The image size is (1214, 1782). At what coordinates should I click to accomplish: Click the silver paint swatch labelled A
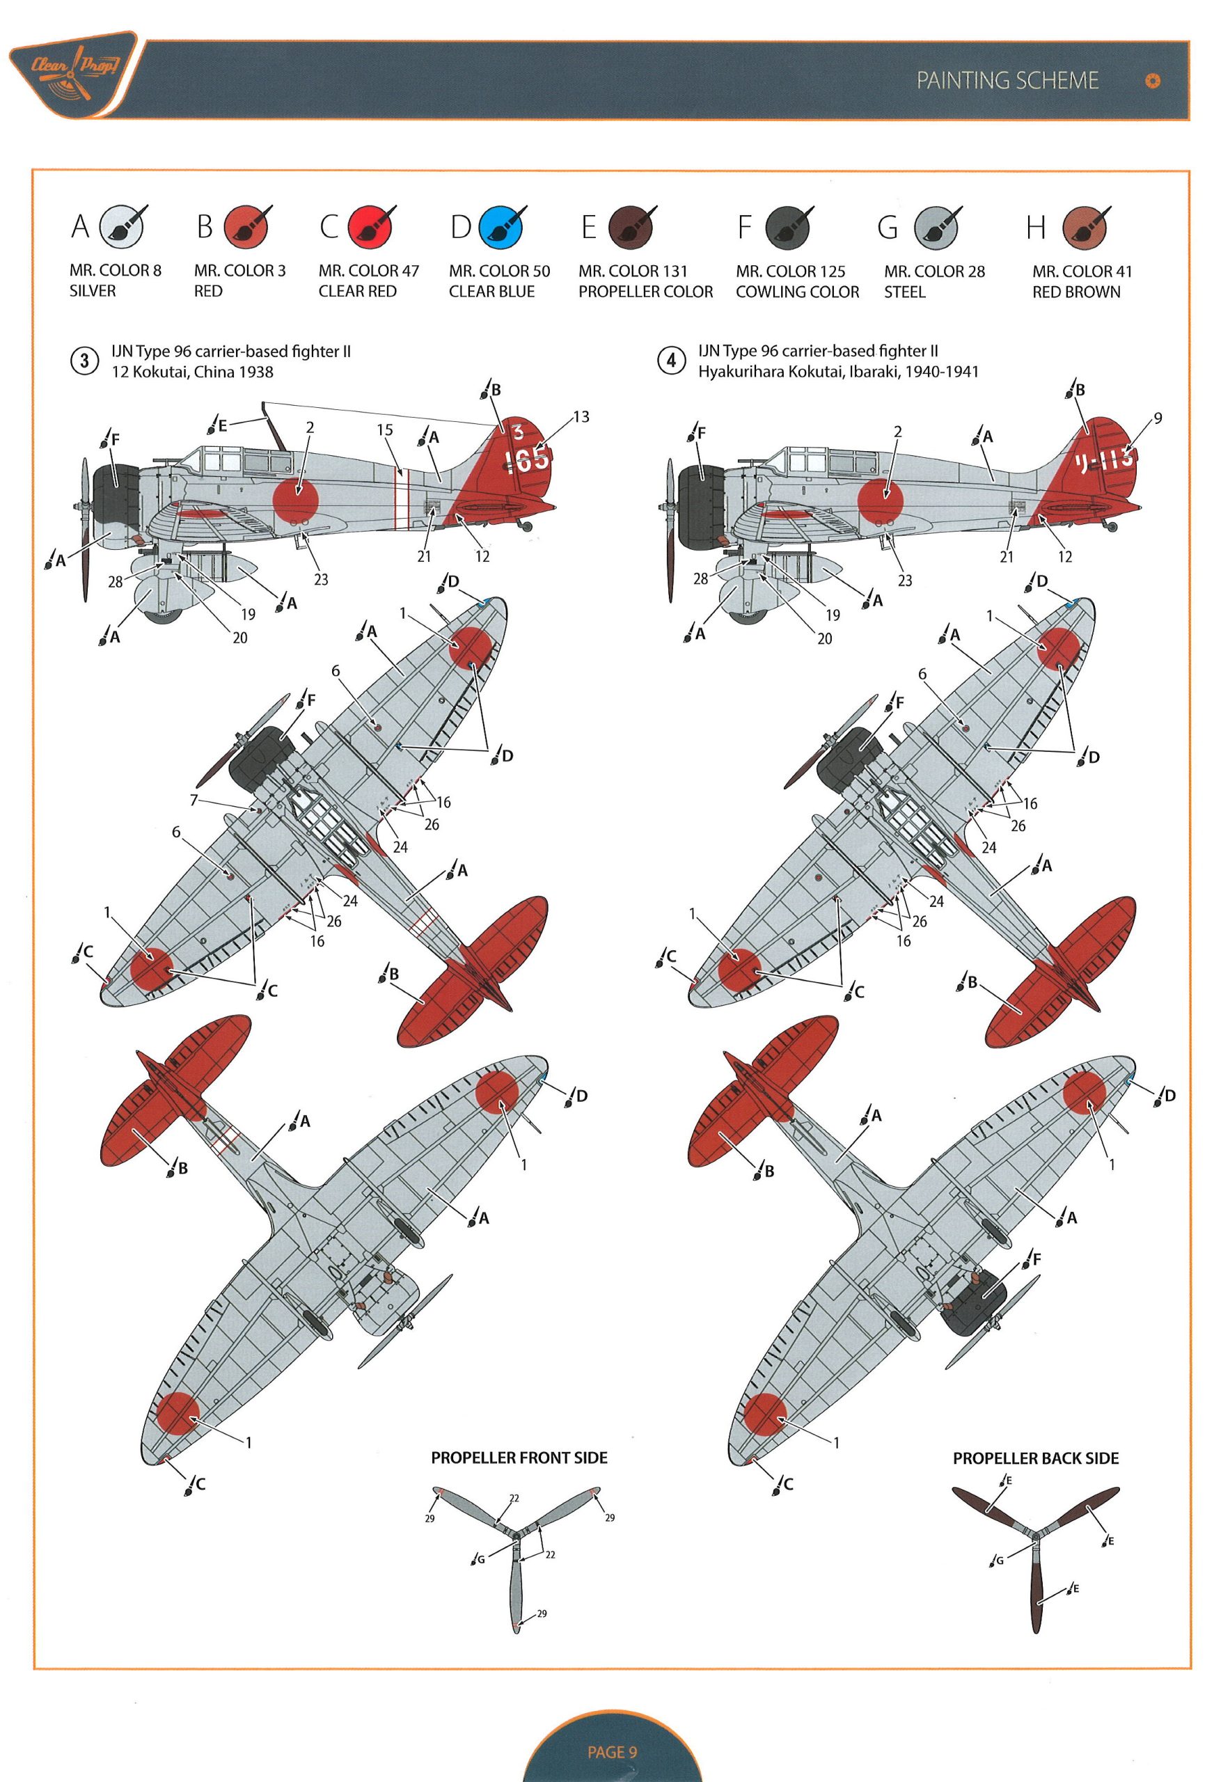tap(123, 227)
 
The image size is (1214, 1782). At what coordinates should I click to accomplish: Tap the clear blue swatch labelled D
tap(500, 227)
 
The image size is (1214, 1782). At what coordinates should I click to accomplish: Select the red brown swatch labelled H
tap(1085, 227)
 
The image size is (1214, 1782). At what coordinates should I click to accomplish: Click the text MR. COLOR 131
tap(633, 271)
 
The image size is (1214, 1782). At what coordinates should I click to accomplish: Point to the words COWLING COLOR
tap(798, 292)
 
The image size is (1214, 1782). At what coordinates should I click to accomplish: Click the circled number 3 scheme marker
tap(84, 361)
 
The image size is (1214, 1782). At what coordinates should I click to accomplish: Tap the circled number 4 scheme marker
tap(672, 361)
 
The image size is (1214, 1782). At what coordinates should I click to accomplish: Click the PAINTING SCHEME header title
tap(1007, 81)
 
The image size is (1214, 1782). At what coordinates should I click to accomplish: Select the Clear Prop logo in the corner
tap(73, 74)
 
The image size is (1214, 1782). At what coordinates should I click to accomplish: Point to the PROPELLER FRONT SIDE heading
tap(519, 1458)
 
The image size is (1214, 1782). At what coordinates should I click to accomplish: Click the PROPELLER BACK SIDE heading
tap(1035, 1458)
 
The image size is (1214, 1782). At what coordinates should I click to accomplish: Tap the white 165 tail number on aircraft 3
tap(528, 459)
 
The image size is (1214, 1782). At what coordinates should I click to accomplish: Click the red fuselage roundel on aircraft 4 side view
tap(881, 496)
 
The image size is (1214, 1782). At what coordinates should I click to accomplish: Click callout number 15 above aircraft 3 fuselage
tap(384, 430)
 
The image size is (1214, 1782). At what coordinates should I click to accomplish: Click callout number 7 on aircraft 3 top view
tap(194, 800)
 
